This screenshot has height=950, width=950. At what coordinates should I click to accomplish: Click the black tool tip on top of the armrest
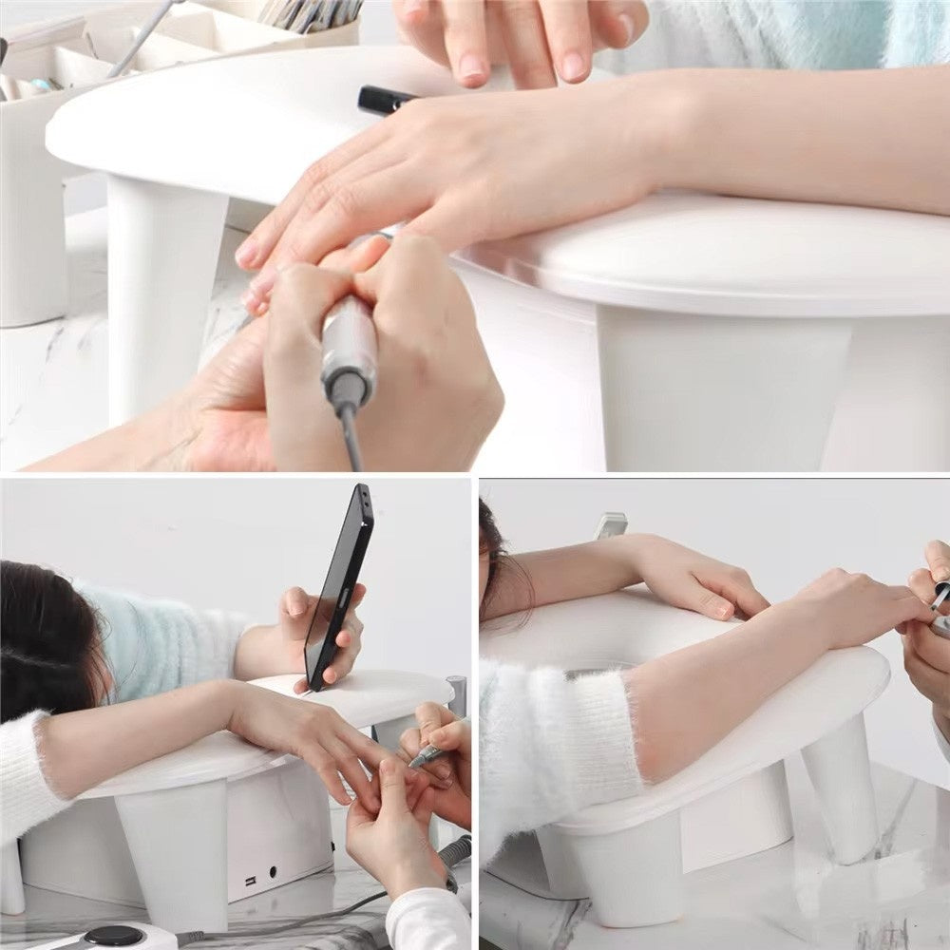(x=385, y=99)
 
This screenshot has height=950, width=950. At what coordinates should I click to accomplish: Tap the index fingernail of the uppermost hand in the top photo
(x=471, y=66)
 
